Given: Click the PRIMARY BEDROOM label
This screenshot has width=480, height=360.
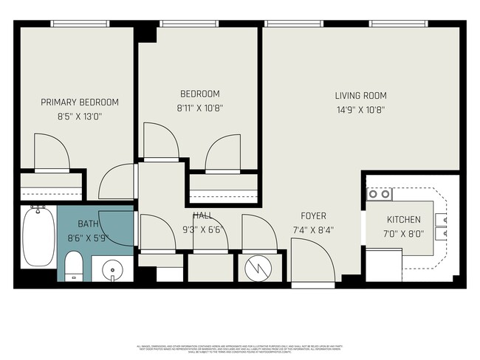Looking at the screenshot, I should [79, 102].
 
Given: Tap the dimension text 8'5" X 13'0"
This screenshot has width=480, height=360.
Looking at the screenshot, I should [79, 116].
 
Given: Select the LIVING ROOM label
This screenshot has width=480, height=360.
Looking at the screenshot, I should [360, 96].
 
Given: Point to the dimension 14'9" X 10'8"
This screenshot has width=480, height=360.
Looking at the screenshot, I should [360, 110].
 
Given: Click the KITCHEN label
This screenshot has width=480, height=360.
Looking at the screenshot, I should [403, 220].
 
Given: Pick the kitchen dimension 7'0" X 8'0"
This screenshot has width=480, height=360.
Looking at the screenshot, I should [403, 234].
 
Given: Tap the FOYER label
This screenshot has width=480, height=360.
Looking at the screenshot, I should [313, 216].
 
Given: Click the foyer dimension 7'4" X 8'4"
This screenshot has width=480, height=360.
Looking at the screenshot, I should [313, 229].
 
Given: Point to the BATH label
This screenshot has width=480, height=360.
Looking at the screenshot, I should [88, 224].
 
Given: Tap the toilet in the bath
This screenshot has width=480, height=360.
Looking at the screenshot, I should [74, 266].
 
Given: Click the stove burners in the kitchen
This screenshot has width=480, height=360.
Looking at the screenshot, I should [380, 194].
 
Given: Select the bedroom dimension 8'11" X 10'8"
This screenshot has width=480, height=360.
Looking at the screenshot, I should [200, 108].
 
